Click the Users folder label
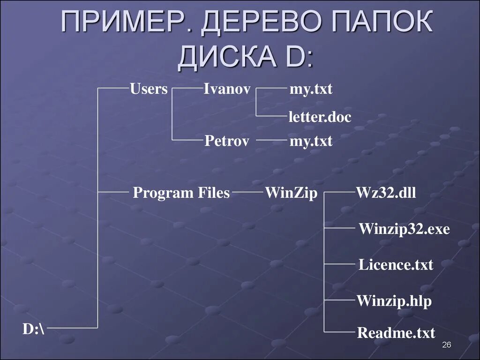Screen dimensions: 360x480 (x=149, y=89)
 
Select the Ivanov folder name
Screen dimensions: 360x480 (x=227, y=89)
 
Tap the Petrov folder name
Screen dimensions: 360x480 (x=226, y=141)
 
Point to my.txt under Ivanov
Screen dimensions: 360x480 (x=311, y=89)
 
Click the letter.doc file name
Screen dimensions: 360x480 (x=320, y=117)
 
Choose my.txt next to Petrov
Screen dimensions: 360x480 (x=311, y=141)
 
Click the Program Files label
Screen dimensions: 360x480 (x=181, y=193)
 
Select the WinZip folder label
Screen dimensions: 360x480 (x=291, y=193)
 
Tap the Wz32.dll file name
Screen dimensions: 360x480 (x=386, y=193)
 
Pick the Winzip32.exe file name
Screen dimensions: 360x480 (x=404, y=229)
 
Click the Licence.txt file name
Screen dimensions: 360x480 (x=396, y=264)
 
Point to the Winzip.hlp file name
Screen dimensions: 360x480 (x=394, y=300)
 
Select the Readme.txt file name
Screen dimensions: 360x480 (x=396, y=333)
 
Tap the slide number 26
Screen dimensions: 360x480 (x=446, y=345)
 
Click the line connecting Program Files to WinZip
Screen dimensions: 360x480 (x=247, y=192)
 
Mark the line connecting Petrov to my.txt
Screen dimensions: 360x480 (x=271, y=140)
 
